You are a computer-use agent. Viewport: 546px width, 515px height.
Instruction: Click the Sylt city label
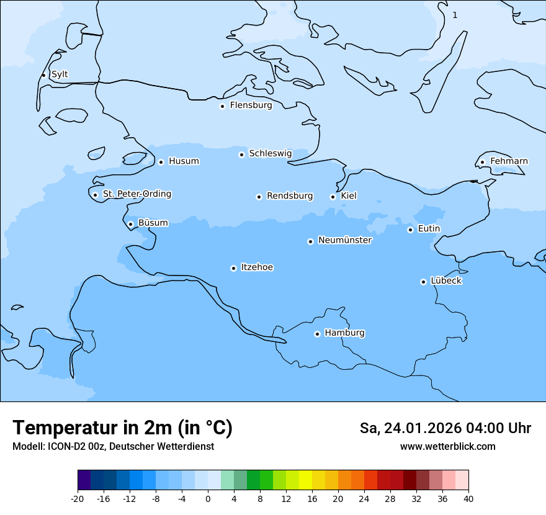(60, 74)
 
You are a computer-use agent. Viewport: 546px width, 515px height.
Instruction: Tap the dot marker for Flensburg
(222, 106)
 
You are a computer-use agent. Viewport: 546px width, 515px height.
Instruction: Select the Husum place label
(184, 161)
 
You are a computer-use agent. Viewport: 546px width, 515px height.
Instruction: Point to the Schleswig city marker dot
(241, 154)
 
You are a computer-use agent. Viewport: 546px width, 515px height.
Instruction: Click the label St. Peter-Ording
(136, 194)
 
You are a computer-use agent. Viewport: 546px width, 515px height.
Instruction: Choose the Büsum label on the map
(153, 223)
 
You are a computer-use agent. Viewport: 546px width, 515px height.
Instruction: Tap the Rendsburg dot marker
(259, 197)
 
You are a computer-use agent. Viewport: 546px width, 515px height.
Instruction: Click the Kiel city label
(349, 196)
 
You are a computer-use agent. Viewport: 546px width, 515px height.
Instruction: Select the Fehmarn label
(509, 161)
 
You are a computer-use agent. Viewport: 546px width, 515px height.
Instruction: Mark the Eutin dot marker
(410, 230)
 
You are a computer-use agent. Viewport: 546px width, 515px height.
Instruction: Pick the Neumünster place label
(345, 240)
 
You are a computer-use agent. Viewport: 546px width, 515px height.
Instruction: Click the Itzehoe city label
(257, 267)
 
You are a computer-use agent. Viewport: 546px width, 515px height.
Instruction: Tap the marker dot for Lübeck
(423, 282)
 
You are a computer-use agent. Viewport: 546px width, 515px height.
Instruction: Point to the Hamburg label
(344, 333)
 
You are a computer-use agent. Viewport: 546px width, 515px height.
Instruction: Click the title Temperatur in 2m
(122, 428)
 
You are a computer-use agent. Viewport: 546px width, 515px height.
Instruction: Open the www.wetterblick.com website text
(447, 447)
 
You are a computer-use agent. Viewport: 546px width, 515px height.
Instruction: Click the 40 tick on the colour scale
(468, 499)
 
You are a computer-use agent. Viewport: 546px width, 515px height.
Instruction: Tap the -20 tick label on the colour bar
(78, 499)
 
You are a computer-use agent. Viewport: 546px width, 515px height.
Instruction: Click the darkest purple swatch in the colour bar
(84, 480)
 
